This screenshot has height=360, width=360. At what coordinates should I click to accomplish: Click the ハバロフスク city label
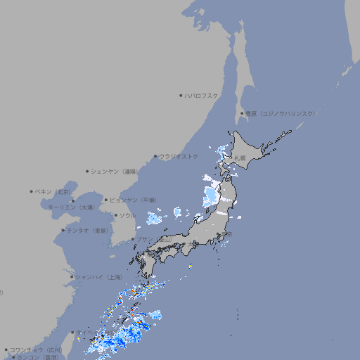click(x=202, y=95)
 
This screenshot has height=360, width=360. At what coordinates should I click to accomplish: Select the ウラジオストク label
click(x=179, y=156)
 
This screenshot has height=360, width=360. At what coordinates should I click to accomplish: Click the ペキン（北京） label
click(x=54, y=191)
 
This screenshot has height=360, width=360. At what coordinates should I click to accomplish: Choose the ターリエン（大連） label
click(x=71, y=207)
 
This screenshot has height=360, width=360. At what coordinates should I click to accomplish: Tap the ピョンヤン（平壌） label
click(x=134, y=200)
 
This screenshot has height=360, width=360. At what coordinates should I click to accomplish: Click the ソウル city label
click(x=127, y=215)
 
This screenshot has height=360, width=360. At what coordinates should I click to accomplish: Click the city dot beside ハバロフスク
click(x=181, y=95)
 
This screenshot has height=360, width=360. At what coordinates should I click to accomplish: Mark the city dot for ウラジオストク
click(x=155, y=156)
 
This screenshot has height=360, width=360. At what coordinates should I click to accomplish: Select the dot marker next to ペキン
click(x=32, y=191)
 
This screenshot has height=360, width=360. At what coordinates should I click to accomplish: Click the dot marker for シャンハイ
click(x=72, y=277)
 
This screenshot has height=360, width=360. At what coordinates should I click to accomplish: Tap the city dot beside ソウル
click(x=115, y=215)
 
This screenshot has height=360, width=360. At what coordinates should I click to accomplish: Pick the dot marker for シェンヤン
click(x=87, y=171)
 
